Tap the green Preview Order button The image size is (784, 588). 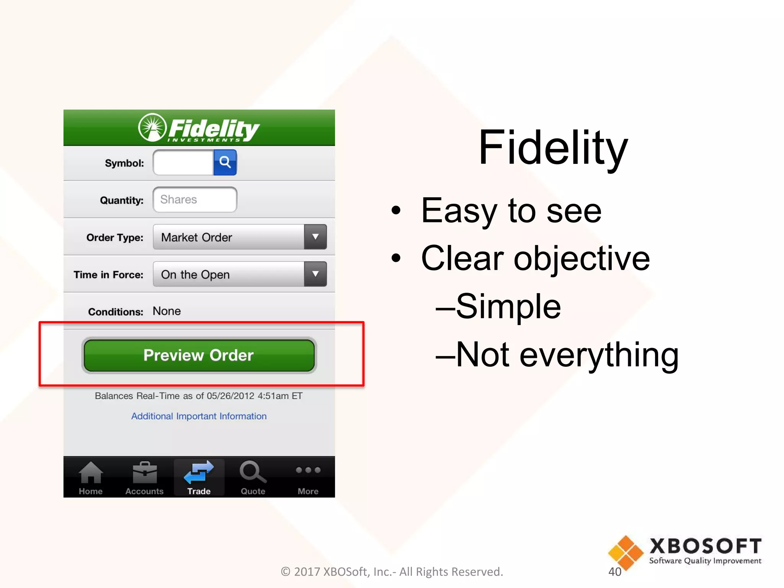(199, 355)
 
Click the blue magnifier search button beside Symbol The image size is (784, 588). (225, 162)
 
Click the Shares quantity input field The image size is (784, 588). (195, 199)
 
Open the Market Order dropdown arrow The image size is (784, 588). (315, 237)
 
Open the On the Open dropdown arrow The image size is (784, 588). (315, 274)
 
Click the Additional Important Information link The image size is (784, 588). (199, 416)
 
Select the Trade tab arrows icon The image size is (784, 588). (199, 472)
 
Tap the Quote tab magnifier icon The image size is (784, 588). (253, 472)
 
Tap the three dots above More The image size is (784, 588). (308, 470)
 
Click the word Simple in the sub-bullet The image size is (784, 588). (508, 306)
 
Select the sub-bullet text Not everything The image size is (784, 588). (567, 355)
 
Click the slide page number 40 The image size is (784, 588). (615, 572)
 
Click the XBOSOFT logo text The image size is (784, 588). (705, 546)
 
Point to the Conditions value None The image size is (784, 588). (167, 311)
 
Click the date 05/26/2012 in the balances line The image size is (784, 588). (230, 396)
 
